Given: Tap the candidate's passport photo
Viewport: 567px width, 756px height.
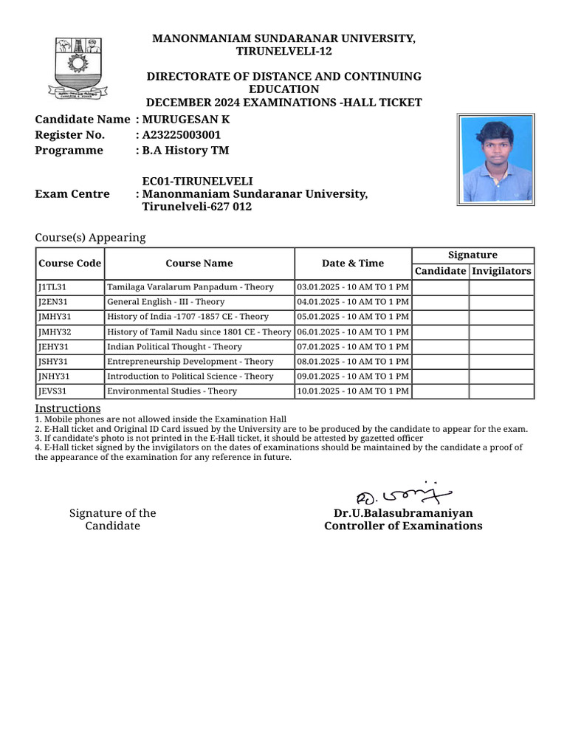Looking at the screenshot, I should click(495, 159).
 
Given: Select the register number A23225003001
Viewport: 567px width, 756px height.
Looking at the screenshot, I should click(181, 135).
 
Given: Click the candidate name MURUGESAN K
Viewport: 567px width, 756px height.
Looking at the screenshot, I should click(181, 120).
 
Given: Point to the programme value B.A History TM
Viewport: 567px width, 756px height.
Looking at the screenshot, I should click(185, 151).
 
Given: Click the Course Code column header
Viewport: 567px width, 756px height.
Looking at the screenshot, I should click(69, 264).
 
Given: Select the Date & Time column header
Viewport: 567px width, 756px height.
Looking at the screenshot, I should click(353, 264).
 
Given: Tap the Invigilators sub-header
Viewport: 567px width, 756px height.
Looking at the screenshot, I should click(501, 271).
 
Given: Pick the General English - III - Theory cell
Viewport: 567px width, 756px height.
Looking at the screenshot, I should click(166, 302).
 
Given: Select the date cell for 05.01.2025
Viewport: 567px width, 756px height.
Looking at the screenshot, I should click(352, 317).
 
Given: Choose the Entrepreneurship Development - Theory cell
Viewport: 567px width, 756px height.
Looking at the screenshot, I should click(190, 362).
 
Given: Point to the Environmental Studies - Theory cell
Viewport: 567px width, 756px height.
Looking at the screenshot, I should click(172, 391).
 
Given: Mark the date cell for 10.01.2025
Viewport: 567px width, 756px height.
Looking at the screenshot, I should click(352, 391).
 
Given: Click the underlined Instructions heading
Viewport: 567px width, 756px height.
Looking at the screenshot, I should click(68, 409).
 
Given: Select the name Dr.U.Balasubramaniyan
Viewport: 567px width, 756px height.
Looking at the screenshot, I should click(403, 513).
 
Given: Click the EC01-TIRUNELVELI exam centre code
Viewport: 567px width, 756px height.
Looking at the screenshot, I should click(197, 181).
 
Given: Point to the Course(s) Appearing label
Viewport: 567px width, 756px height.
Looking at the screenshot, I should click(90, 238).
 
